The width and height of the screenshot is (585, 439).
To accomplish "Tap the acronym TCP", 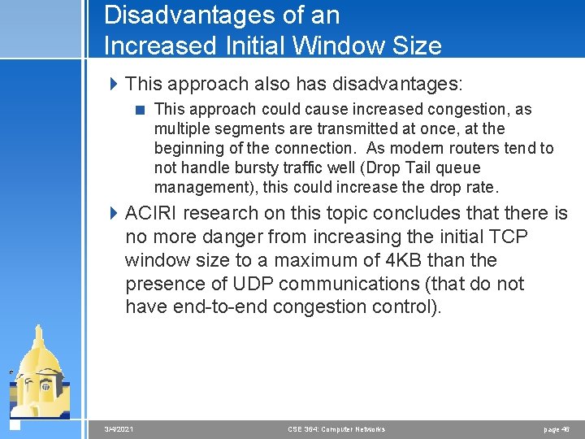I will click(x=509, y=237).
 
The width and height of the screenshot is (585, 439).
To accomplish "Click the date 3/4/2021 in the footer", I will click(x=119, y=429).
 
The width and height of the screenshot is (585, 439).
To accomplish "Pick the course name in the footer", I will click(x=336, y=429).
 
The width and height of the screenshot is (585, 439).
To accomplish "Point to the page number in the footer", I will click(x=557, y=429).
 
